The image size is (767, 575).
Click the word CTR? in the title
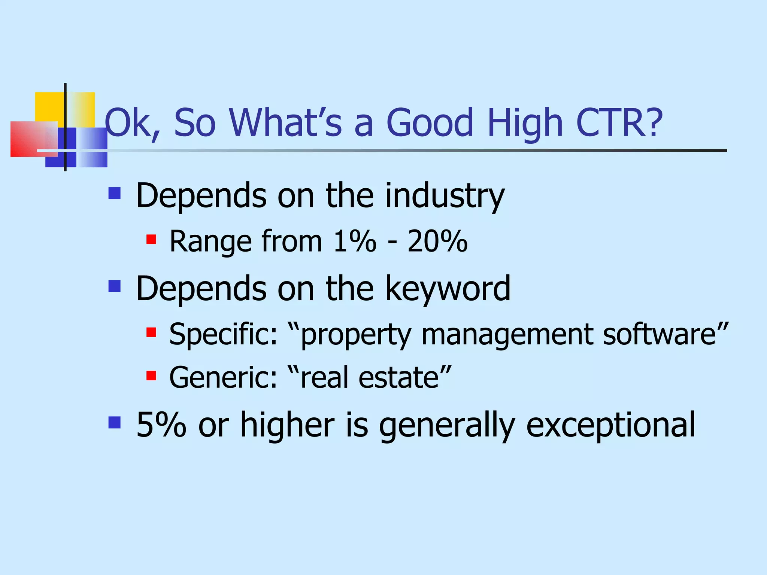click(619, 122)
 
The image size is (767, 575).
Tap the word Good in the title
click(430, 122)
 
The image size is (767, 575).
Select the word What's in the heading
click(285, 122)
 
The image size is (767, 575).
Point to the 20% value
click(437, 241)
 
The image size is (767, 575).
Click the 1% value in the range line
click(355, 241)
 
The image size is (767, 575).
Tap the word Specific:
click(223, 334)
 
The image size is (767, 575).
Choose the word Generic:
click(223, 377)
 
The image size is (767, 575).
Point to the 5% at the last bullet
click(161, 425)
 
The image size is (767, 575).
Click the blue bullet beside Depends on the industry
click(115, 193)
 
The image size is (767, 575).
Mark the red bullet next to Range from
click(151, 239)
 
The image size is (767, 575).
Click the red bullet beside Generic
click(151, 375)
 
